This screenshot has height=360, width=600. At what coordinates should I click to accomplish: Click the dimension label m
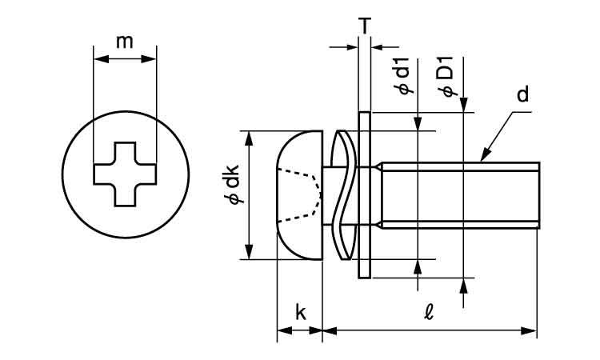pos(125,42)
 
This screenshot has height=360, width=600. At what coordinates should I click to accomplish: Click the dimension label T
pos(365,26)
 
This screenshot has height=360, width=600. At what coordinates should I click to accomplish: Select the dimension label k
pos(300,313)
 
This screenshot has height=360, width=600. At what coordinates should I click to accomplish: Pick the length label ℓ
pos(429,313)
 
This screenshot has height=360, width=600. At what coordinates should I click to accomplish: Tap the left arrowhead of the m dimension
pos(99,58)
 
